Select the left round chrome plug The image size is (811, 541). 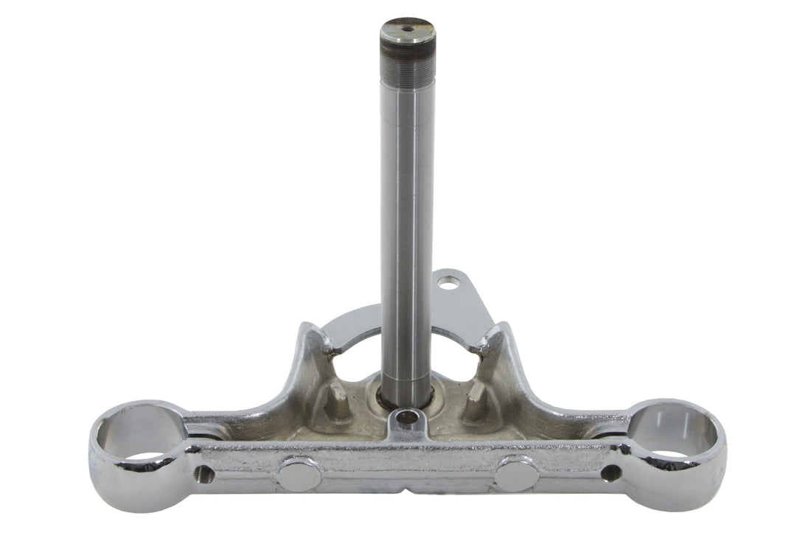tap(299, 475)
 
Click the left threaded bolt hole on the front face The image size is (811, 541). tap(204, 475)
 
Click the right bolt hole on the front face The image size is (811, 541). tap(611, 472)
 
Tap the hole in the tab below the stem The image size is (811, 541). tap(406, 419)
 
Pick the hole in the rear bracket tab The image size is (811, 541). tap(448, 281)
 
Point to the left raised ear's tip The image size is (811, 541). tap(313, 329)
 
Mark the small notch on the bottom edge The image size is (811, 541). tap(406, 491)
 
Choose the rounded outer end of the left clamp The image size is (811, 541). tap(99, 472)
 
